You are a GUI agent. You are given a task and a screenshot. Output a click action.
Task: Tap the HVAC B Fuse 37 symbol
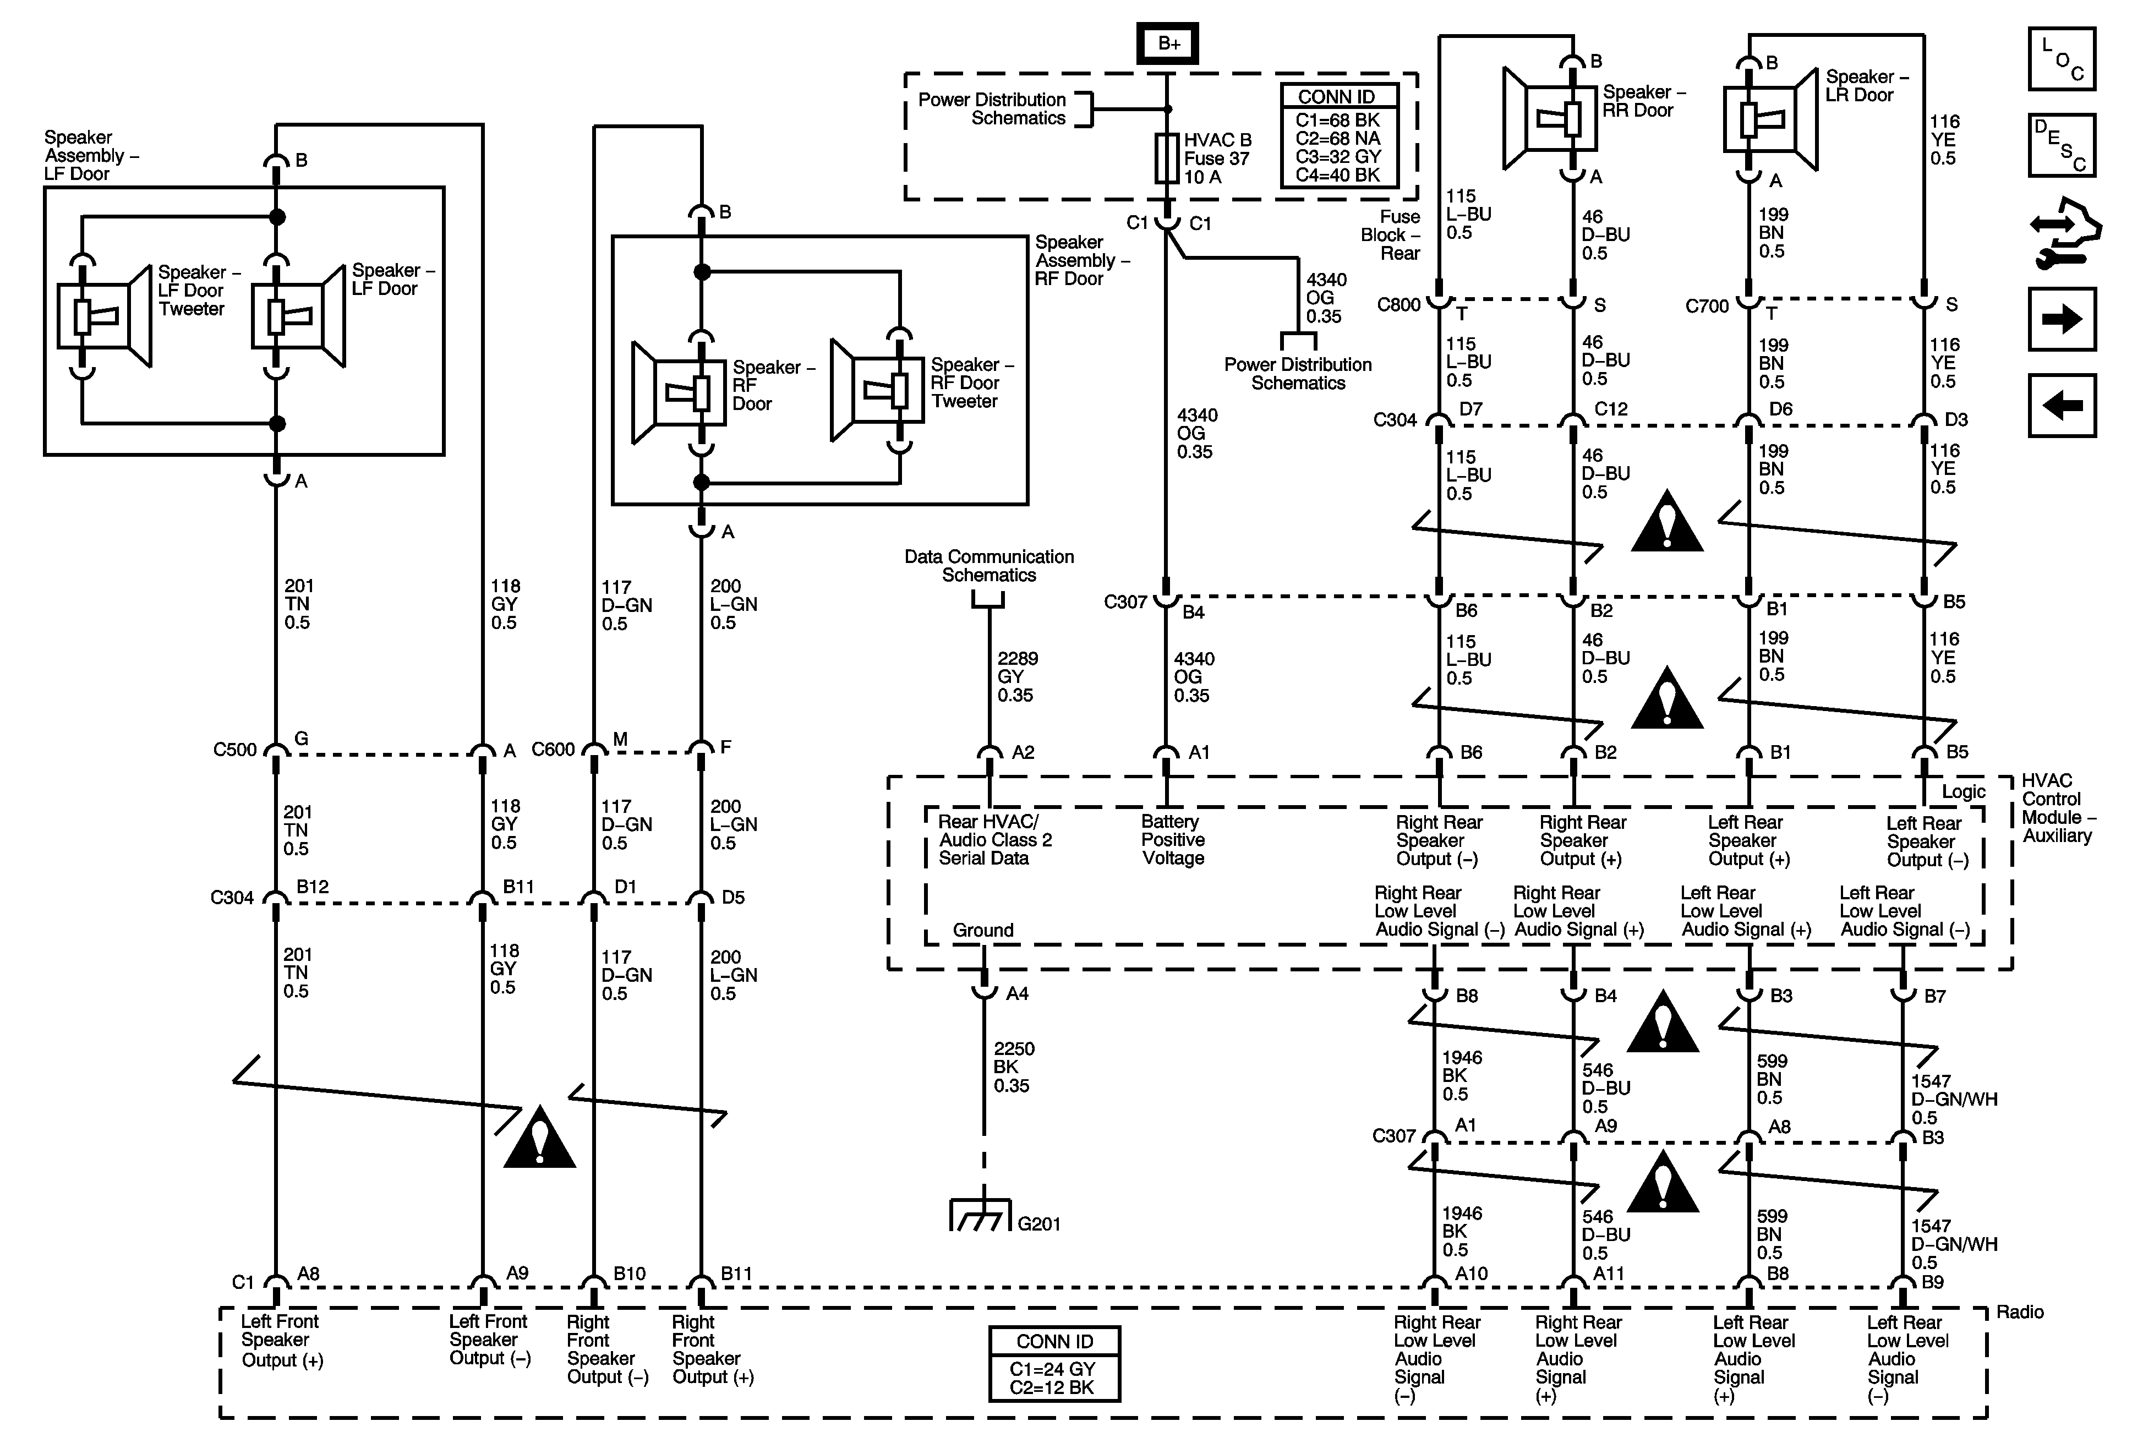click(1167, 158)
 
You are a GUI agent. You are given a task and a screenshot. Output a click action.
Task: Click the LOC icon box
click(2062, 59)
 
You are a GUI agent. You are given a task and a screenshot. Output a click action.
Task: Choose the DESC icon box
click(2062, 145)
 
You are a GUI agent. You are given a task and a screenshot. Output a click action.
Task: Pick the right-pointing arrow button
click(2062, 319)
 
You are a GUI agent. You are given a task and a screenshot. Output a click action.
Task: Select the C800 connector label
click(1398, 304)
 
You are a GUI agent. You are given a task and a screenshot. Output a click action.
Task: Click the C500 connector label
click(235, 750)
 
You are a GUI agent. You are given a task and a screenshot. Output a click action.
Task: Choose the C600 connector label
click(553, 750)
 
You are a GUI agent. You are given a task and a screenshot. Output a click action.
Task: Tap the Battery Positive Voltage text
click(1172, 839)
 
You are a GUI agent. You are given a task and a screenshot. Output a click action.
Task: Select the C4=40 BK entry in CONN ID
click(1337, 174)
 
